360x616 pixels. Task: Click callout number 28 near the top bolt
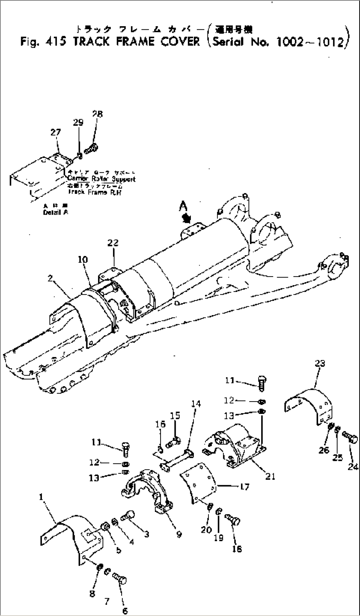(97, 114)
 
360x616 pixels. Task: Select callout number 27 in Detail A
(55, 132)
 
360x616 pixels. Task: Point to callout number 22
(113, 243)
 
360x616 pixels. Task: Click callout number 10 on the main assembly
(83, 260)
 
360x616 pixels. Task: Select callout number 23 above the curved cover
(320, 364)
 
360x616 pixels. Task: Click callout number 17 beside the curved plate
(245, 486)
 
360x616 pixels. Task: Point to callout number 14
(196, 404)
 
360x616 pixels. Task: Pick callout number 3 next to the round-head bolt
(146, 534)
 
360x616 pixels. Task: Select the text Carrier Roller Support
(101, 179)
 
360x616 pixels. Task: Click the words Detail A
(55, 212)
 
